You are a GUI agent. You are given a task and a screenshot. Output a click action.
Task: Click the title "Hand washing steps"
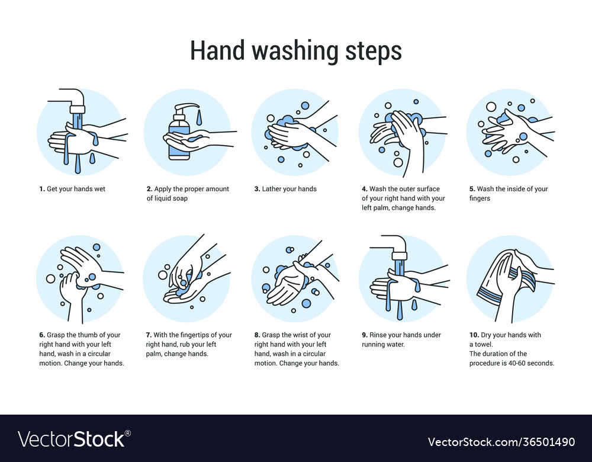coord(295,51)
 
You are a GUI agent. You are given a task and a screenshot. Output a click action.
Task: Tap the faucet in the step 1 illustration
coord(75,101)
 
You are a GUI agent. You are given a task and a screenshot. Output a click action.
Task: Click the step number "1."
coord(42,189)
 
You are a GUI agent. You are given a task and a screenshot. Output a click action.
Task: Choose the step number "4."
coord(365,189)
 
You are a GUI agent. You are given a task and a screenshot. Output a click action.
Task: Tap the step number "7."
coord(149,335)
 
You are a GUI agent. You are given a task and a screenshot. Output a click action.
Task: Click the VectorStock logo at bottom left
coord(74,439)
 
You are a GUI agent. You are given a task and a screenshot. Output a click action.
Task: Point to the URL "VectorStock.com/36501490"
coord(501,442)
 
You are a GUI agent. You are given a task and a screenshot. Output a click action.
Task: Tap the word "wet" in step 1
coord(99,189)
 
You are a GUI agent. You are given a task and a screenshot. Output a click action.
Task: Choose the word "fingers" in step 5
coord(480,198)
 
